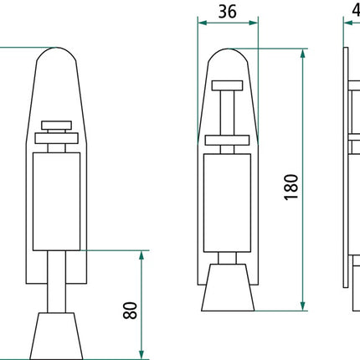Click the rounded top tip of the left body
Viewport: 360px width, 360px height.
coord(57,52)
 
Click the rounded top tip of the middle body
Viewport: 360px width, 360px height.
coord(229,52)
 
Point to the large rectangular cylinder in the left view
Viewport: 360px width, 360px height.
coord(57,201)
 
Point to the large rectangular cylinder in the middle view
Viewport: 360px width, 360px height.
coord(229,201)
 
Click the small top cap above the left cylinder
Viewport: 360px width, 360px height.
coord(57,126)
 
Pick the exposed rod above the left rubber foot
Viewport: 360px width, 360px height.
coord(57,285)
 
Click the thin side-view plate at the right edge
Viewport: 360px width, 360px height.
coord(347,167)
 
